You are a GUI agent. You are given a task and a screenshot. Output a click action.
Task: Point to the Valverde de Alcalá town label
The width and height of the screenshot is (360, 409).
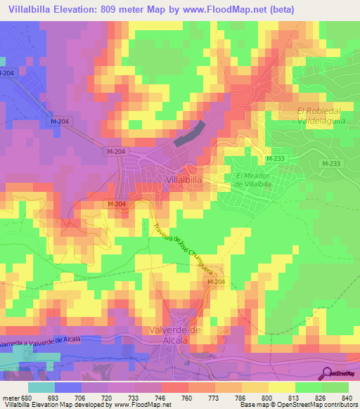tap(176, 335)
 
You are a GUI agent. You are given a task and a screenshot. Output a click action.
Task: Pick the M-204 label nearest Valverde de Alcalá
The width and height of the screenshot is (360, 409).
tap(216, 282)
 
